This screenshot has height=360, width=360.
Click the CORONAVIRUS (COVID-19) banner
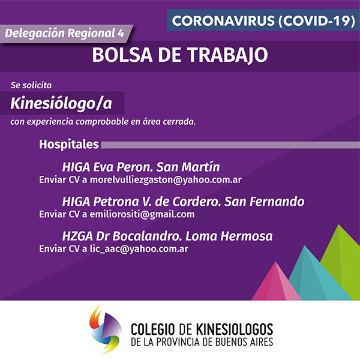[x=263, y=20]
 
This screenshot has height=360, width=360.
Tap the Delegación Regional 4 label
[x=65, y=33]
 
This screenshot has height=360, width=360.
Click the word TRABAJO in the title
[x=228, y=55]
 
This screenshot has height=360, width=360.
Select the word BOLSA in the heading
[x=122, y=55]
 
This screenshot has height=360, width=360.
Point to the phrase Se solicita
[x=31, y=85]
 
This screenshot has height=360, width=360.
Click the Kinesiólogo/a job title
[x=61, y=103]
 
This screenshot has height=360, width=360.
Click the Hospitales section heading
[x=69, y=145]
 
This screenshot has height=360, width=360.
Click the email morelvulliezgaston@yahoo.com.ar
[x=166, y=180]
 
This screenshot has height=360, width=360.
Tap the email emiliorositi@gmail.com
[x=142, y=214]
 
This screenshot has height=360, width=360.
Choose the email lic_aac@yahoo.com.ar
[x=139, y=249]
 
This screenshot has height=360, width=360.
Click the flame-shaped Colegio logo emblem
[x=105, y=329]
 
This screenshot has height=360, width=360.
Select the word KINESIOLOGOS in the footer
[x=234, y=329]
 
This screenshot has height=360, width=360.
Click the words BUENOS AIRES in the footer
[x=244, y=342]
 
